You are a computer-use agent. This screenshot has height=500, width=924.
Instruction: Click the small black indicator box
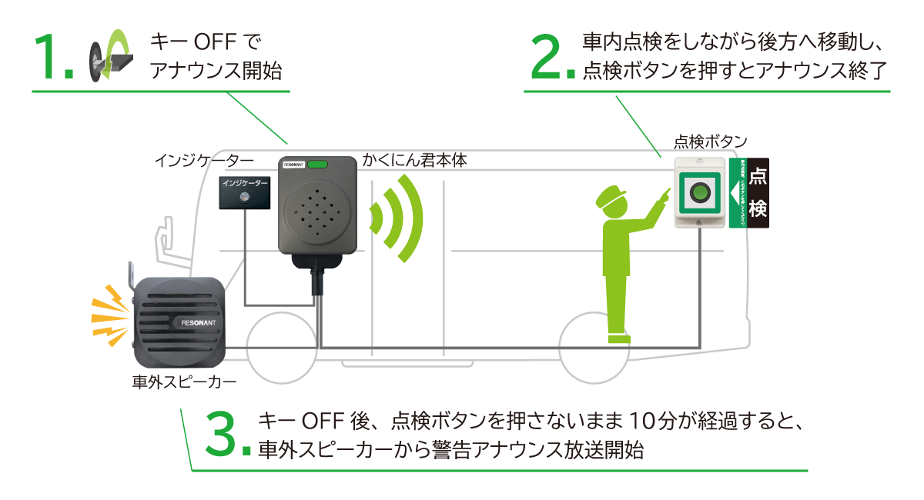coord(245,192)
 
